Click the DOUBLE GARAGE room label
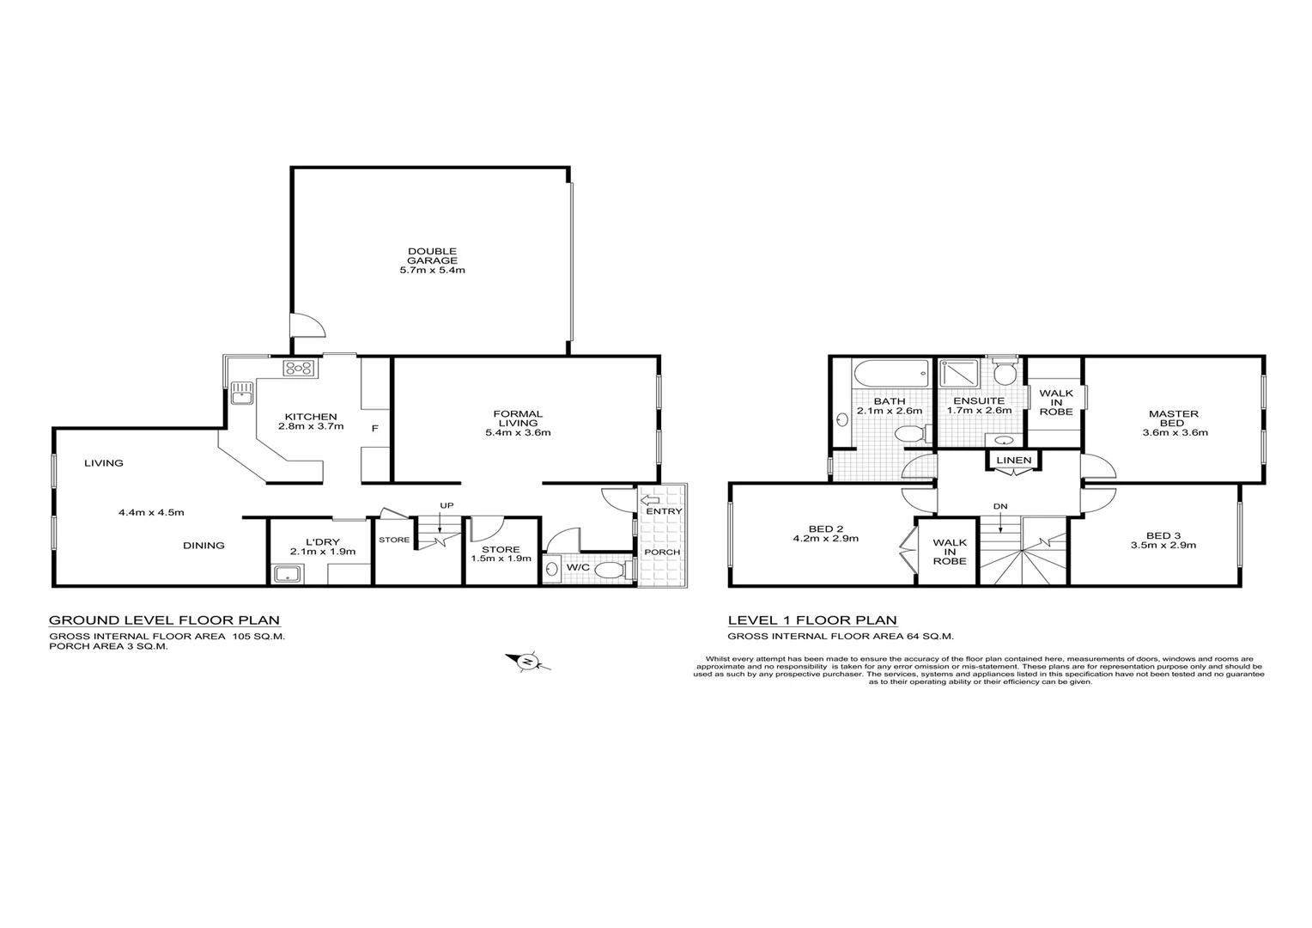tap(432, 260)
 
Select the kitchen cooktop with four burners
tap(299, 368)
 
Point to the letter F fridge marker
tap(374, 427)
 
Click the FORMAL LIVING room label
tap(518, 423)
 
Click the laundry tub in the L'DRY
tap(284, 574)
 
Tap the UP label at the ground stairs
tap(446, 504)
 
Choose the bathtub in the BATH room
tap(891, 374)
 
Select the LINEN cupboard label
tap(1013, 461)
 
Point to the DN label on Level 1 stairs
tap(1000, 506)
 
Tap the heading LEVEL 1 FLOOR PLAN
tap(812, 620)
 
